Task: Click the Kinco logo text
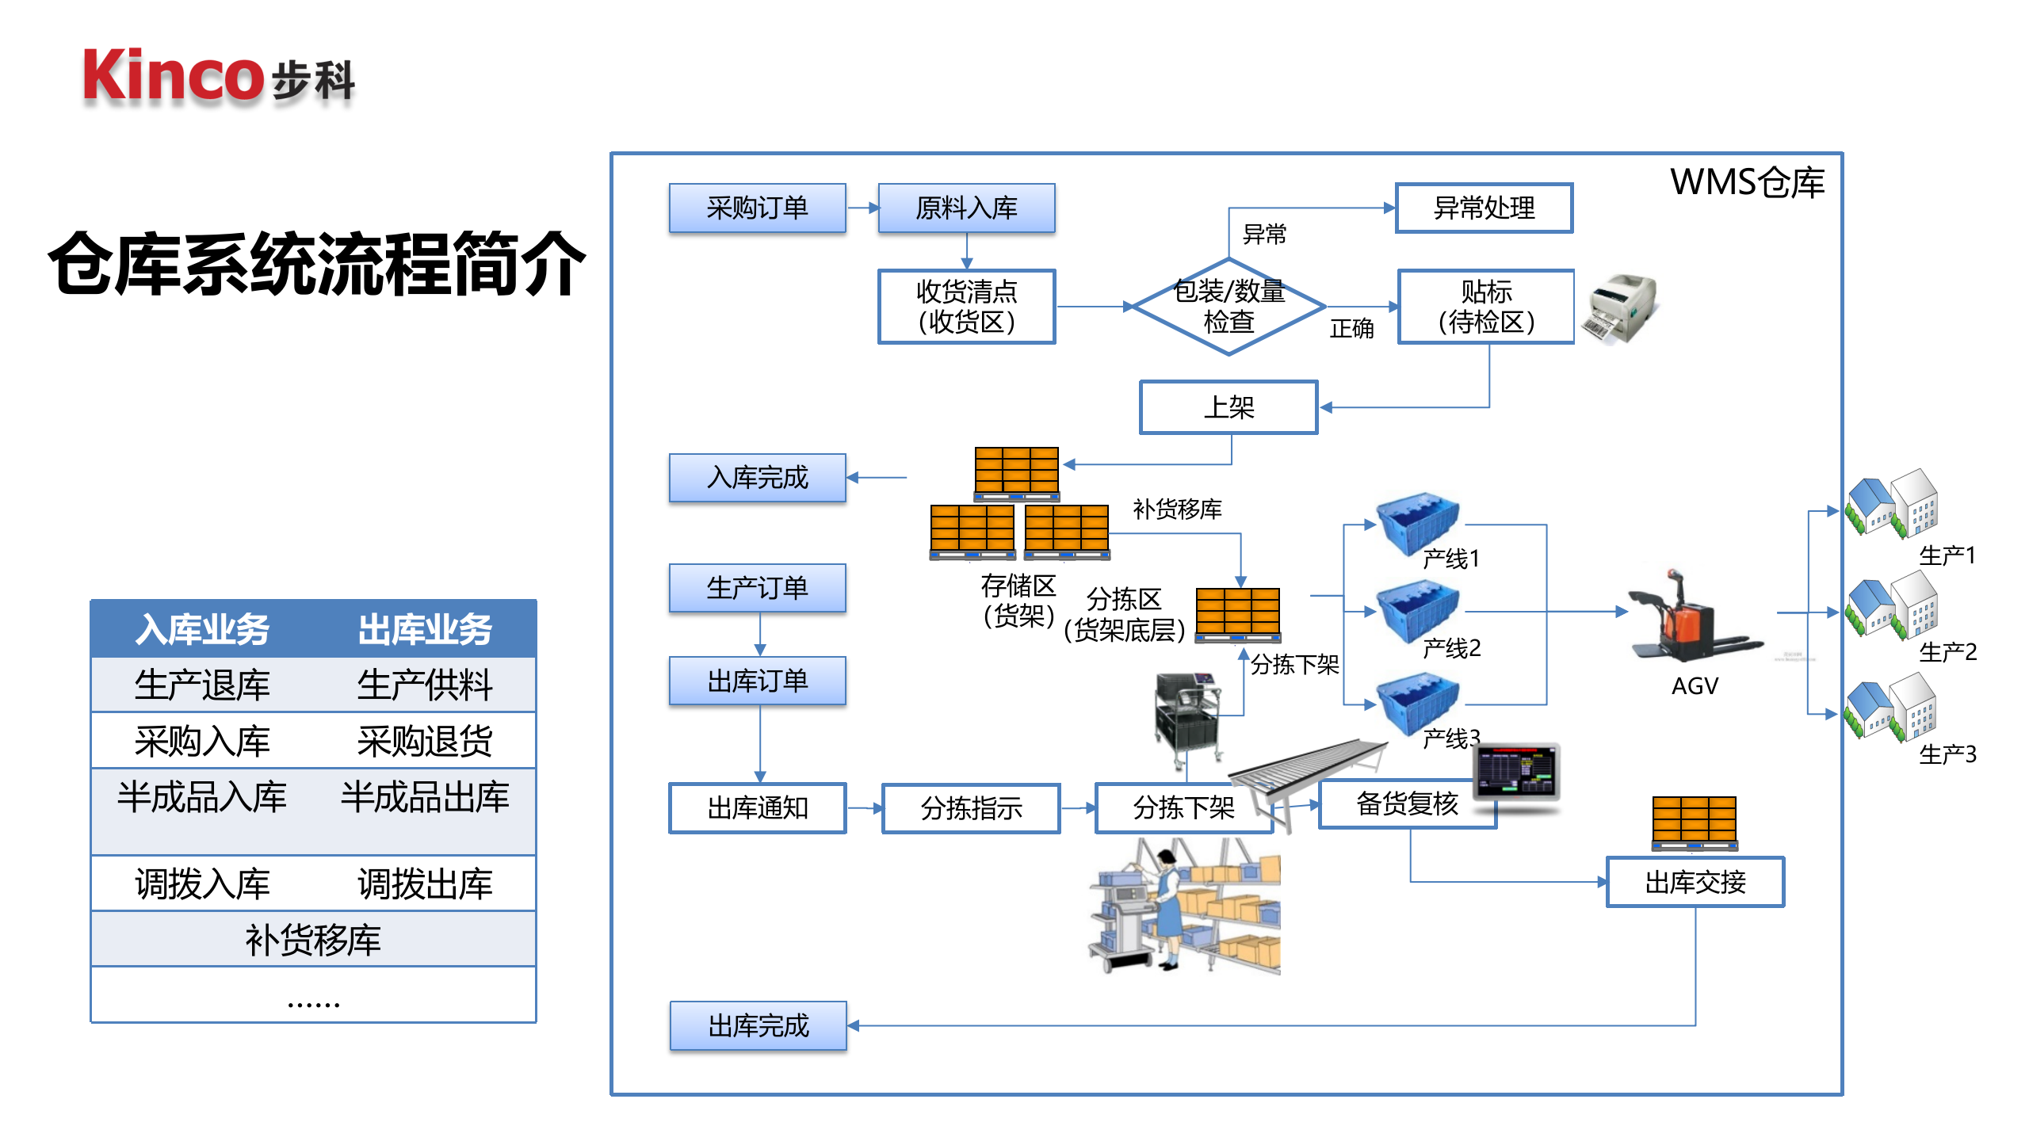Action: click(173, 76)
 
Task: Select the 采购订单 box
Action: click(757, 208)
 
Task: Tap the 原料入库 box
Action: click(966, 208)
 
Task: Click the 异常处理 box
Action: click(1484, 208)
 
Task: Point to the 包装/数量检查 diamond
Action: click(1228, 307)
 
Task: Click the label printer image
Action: click(1620, 307)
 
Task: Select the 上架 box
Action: click(1228, 407)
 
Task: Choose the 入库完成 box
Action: click(757, 478)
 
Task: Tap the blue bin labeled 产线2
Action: click(1417, 610)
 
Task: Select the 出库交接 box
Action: click(1695, 882)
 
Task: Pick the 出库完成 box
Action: click(758, 1026)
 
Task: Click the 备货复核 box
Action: click(1406, 804)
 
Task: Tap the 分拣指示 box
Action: click(971, 808)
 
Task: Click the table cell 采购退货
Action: click(425, 741)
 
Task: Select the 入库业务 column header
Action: click(202, 629)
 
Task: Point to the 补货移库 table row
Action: click(313, 939)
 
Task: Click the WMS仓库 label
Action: click(1747, 183)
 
